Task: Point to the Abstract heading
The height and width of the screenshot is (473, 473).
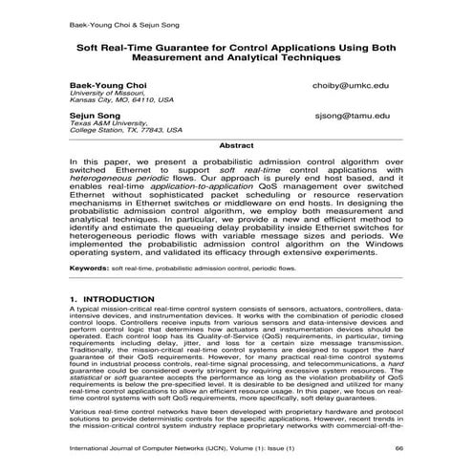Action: click(x=235, y=145)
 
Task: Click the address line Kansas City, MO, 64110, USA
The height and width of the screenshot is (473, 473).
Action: click(x=120, y=101)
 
